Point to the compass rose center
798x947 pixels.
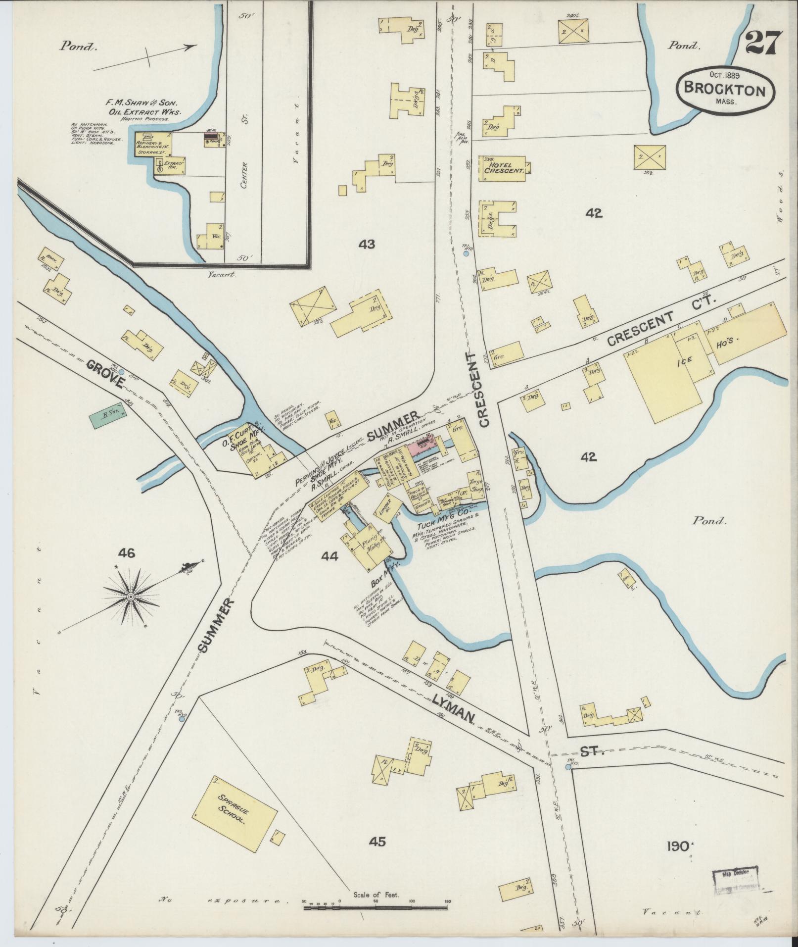pos(131,598)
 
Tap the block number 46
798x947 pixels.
pos(127,553)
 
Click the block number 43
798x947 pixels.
pos(367,244)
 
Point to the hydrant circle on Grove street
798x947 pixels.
pos(121,371)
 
